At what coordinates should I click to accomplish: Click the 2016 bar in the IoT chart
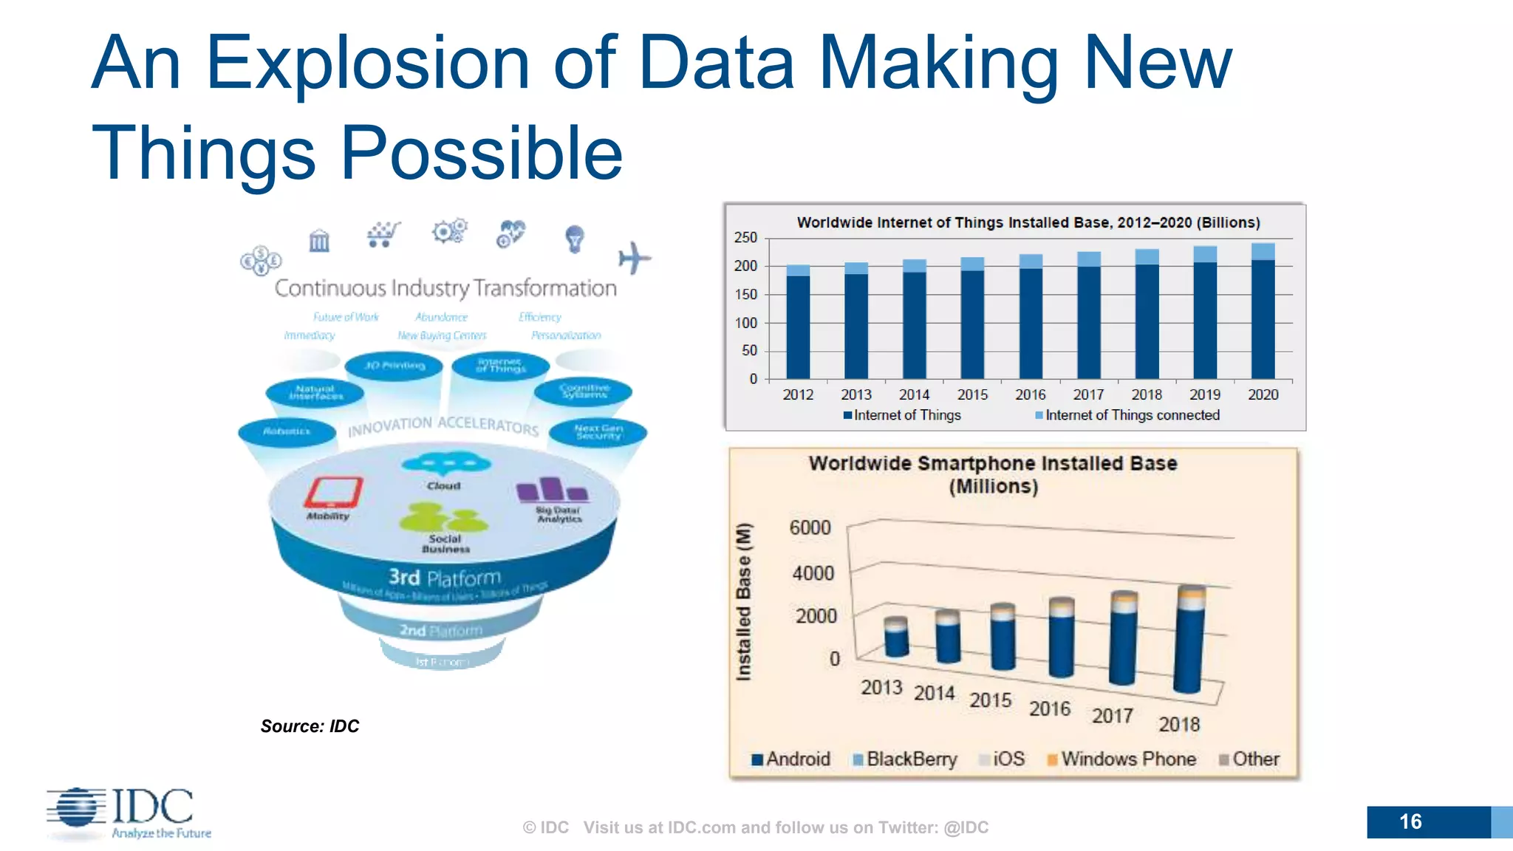tap(1031, 318)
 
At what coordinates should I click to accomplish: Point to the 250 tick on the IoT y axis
tap(745, 238)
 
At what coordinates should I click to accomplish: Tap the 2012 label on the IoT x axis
tap(798, 394)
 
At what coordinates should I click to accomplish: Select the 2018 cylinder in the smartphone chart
tap(1189, 640)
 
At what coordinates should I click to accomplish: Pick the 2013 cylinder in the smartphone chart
tap(896, 637)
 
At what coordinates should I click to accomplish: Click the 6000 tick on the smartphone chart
tap(810, 528)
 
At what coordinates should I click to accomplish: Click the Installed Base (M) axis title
tap(743, 601)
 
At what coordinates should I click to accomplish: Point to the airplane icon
tap(634, 259)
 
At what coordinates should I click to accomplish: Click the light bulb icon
tap(574, 239)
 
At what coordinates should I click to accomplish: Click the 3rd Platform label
tap(445, 578)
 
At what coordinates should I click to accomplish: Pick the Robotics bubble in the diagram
tap(287, 431)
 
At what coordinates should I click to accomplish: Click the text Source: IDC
tap(310, 726)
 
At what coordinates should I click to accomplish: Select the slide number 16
tap(1410, 821)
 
